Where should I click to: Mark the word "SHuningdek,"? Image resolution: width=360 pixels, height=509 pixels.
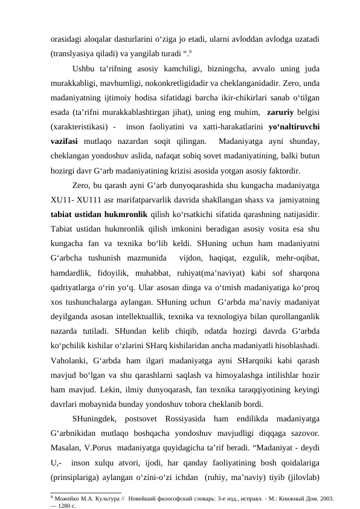pos(96,418)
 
